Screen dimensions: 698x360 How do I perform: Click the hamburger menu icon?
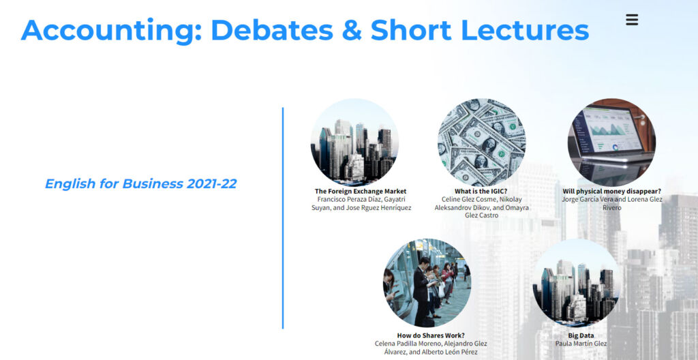point(632,20)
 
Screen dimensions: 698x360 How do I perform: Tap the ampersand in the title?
point(351,29)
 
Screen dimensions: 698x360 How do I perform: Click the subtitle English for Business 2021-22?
point(140,183)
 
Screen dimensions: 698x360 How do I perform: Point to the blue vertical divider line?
point(283,218)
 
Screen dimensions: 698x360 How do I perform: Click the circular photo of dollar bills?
point(482,142)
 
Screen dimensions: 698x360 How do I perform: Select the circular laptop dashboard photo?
point(611,142)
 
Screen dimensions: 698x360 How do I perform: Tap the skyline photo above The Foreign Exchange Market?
point(354,142)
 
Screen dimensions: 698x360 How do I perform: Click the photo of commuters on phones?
point(427,283)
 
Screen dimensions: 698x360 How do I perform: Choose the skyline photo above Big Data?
point(577,283)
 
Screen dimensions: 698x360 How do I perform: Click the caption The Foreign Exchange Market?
point(361,192)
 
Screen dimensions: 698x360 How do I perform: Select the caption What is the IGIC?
point(481,192)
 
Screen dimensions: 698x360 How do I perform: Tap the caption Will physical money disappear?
point(611,192)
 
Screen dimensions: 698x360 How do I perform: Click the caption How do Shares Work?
point(431,335)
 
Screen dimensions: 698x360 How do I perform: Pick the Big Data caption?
point(581,335)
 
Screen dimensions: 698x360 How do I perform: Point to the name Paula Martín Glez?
point(581,344)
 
